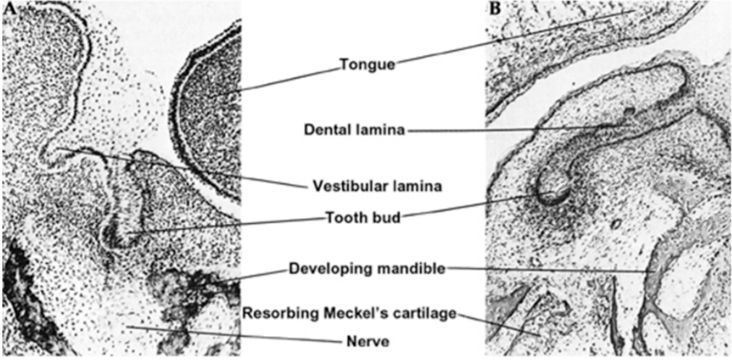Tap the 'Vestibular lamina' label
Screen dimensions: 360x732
point(378,186)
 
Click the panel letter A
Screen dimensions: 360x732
point(9,9)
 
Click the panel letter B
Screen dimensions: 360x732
point(495,9)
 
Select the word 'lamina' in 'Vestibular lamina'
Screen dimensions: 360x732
point(417,186)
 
